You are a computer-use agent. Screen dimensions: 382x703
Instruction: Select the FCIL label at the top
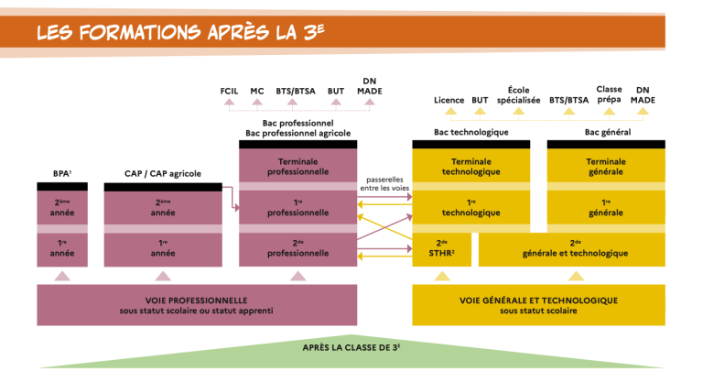[229, 92]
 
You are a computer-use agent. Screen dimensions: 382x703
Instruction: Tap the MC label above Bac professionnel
[257, 92]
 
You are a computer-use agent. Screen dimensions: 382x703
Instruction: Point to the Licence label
[449, 100]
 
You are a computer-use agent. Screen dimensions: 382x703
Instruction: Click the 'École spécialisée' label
[519, 95]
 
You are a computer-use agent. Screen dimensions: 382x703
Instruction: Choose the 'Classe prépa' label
[609, 95]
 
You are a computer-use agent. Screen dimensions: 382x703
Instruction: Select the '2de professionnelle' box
[297, 248]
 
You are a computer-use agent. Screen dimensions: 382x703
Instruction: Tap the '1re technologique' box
[470, 208]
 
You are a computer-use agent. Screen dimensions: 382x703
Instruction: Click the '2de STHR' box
[440, 248]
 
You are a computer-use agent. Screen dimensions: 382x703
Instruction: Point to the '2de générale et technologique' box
[574, 248]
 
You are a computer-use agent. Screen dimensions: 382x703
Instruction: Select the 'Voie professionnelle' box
[196, 304]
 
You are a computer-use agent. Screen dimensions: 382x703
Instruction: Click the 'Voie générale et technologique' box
[538, 304]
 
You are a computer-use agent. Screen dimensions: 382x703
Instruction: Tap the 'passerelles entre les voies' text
[384, 183]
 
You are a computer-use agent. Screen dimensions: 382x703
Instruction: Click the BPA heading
[62, 173]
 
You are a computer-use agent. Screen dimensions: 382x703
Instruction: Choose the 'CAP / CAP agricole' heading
[163, 173]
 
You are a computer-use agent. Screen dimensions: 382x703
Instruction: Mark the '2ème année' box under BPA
[62, 208]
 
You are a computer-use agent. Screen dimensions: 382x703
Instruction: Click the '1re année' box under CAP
[163, 248]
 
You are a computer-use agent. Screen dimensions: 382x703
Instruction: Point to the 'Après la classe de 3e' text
[351, 348]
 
